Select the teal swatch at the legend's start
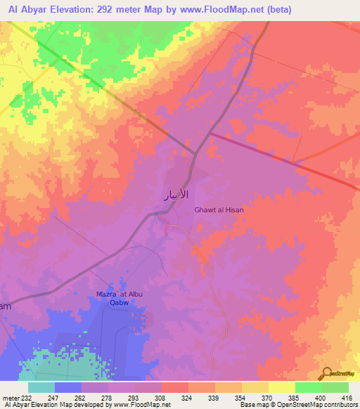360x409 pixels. (x=41, y=387)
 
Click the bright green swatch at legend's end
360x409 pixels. (x=335, y=387)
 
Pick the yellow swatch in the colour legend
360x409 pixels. (x=282, y=387)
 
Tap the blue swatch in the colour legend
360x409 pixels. (x=68, y=387)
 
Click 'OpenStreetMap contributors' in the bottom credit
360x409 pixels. (x=319, y=405)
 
